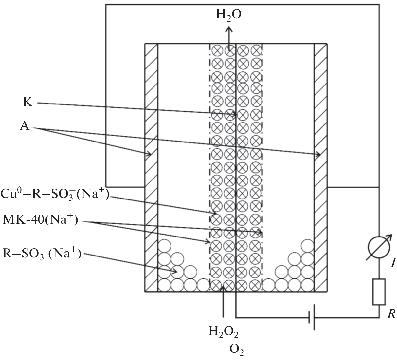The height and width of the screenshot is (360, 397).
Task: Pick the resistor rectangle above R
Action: tap(379, 292)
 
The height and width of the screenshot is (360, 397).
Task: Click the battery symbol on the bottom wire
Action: tap(312, 317)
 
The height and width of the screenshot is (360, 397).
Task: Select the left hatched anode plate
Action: tap(151, 167)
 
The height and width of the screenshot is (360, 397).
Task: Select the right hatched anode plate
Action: tap(321, 167)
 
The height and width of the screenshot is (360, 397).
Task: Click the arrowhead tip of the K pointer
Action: tap(236, 114)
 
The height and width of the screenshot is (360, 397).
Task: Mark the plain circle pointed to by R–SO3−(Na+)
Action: tap(177, 272)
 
